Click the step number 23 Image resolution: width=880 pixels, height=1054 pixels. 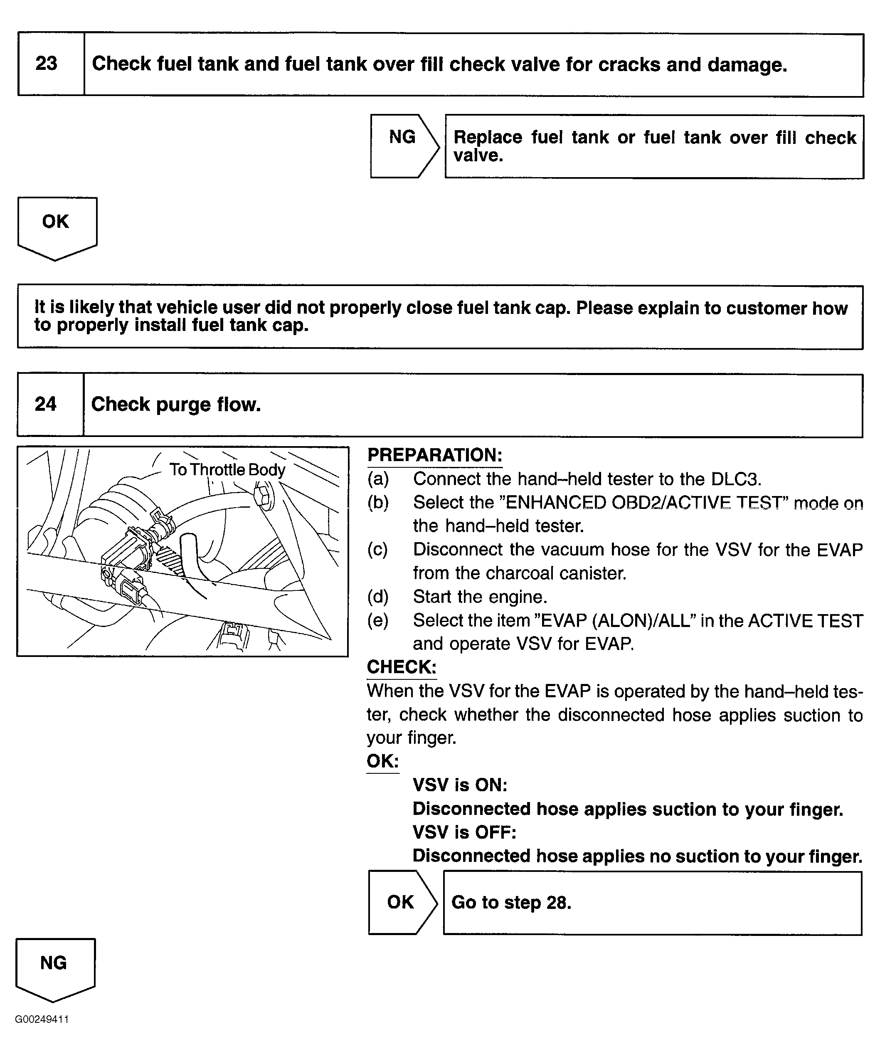[46, 64]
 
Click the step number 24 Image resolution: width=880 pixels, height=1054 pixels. [46, 405]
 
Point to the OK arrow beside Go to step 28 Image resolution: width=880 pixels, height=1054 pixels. [400, 902]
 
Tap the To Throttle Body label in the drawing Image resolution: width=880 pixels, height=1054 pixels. [227, 470]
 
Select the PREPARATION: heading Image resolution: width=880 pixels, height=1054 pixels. [434, 455]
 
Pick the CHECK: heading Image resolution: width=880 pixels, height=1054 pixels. [402, 667]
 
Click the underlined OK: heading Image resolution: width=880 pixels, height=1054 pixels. [382, 761]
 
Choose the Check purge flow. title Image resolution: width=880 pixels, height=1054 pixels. [176, 405]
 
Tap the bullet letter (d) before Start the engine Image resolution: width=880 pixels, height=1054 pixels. [378, 597]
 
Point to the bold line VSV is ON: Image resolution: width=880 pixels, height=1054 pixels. [460, 785]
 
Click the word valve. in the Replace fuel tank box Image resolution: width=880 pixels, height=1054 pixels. [478, 156]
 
